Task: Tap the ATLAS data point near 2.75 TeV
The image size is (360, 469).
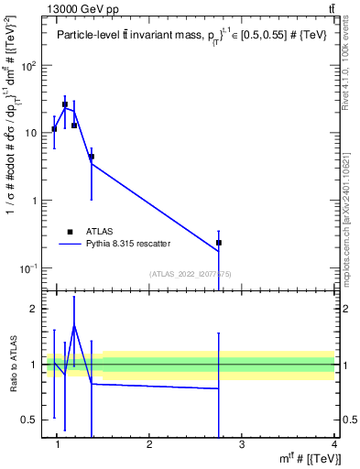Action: coord(219,243)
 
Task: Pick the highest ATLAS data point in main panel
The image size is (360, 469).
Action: coord(65,104)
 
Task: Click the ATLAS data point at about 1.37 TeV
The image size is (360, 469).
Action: coord(92,157)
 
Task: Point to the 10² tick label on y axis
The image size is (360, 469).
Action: coord(28,65)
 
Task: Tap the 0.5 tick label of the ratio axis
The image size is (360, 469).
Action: coord(30,420)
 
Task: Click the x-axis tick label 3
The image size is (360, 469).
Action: coord(242,445)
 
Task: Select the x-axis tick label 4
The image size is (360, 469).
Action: coord(333,445)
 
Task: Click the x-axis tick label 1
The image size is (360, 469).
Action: coord(58,445)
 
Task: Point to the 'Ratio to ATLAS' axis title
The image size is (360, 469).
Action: coord(12,365)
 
